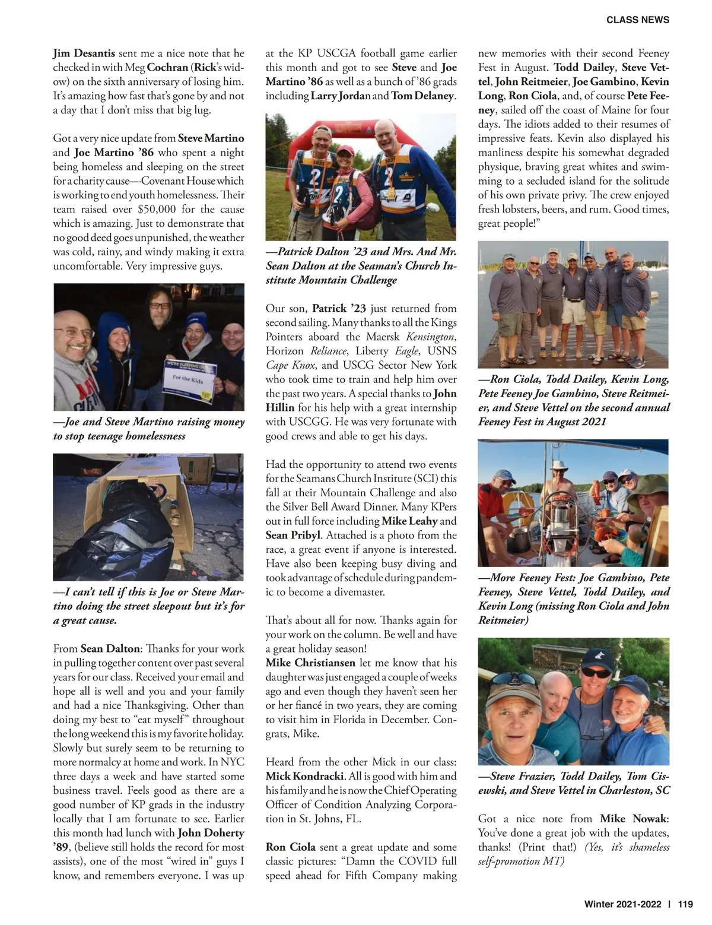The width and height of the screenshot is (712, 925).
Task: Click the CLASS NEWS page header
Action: pos(637,20)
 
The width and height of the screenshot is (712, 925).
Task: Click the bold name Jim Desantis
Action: pos(84,53)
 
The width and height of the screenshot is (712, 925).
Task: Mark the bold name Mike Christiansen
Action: pos(310,663)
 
